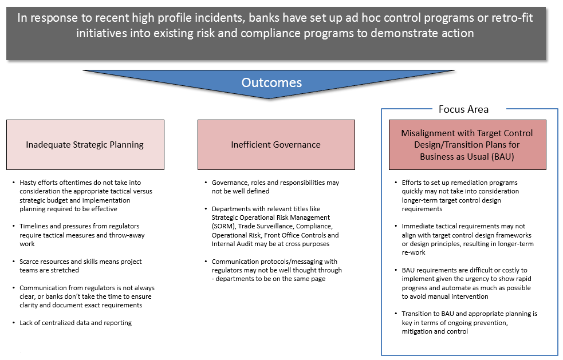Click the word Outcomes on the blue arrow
(271, 82)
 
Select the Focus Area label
(463, 109)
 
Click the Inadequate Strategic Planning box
(85, 144)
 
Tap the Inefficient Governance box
(275, 144)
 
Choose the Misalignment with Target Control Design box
(467, 144)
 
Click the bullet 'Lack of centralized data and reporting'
(76, 323)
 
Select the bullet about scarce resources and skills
(80, 266)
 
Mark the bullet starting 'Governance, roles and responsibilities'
(275, 187)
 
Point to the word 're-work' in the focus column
(414, 253)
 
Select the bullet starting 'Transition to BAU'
(469, 322)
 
